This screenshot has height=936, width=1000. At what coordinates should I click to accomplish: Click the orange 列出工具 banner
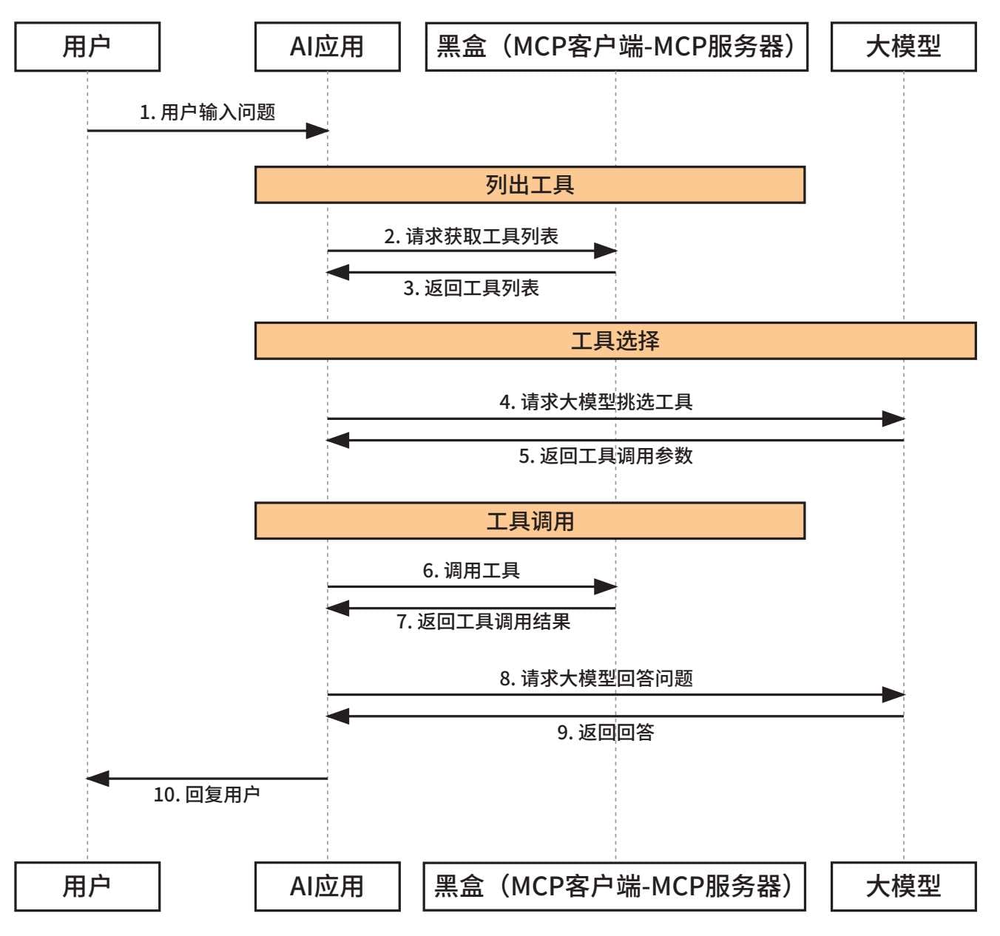tap(530, 185)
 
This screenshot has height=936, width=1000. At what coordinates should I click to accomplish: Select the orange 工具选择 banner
tap(615, 341)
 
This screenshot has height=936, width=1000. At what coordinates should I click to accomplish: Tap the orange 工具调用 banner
tap(530, 520)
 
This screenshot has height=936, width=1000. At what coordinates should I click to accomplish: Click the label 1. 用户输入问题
tap(207, 112)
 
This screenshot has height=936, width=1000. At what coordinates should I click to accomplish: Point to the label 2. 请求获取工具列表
tap(471, 236)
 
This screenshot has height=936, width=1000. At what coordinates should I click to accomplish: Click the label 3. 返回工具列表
tap(471, 288)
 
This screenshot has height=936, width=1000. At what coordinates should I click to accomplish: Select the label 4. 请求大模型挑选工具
tap(596, 401)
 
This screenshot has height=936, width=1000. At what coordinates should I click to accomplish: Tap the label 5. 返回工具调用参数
tap(606, 455)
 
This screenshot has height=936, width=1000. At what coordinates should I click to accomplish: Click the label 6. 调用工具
tap(471, 571)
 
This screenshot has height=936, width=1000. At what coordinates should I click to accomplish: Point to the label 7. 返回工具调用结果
tap(484, 621)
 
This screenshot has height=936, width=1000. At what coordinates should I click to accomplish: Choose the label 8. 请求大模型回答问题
tap(596, 678)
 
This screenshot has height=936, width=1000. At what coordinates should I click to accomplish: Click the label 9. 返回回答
tap(606, 732)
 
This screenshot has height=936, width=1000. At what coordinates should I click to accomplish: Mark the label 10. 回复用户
tap(206, 794)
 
